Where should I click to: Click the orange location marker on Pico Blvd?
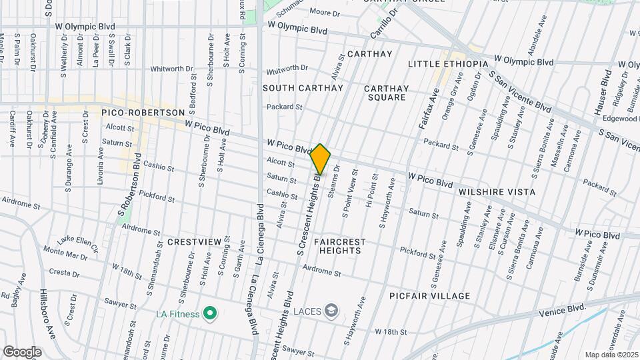321,159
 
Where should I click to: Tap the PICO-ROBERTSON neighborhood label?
143,113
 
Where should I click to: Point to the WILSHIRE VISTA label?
497,192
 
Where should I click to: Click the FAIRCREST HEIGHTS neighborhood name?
337,246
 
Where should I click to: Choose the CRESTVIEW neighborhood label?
194,241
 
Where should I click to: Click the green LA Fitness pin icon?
211,313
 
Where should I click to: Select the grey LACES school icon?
331,311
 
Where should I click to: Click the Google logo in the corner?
23,351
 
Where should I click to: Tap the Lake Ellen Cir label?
77,244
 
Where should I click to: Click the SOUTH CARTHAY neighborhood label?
303,88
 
